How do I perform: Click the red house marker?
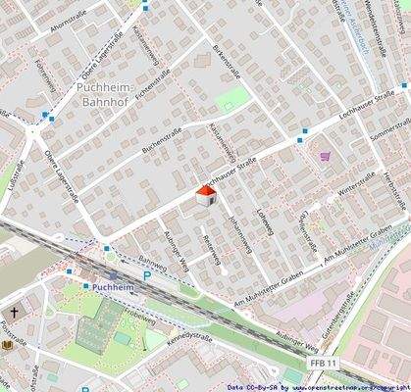pos(205,195)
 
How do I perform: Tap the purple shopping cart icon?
pos(325,155)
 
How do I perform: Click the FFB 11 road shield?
pos(324,363)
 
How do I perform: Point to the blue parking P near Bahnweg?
pos(148,275)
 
